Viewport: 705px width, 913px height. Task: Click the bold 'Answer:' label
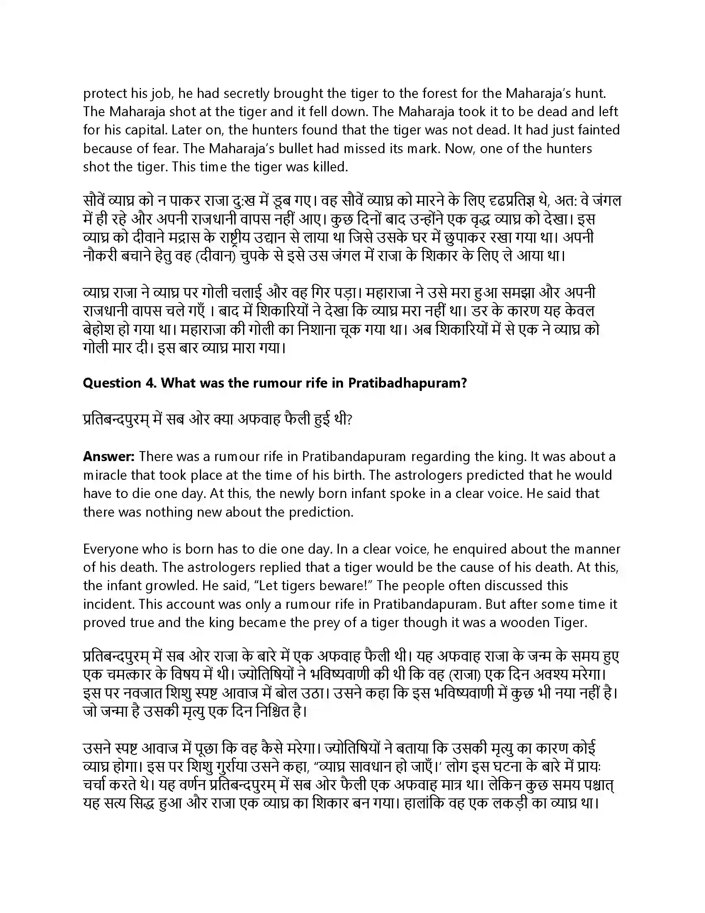pos(109,456)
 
